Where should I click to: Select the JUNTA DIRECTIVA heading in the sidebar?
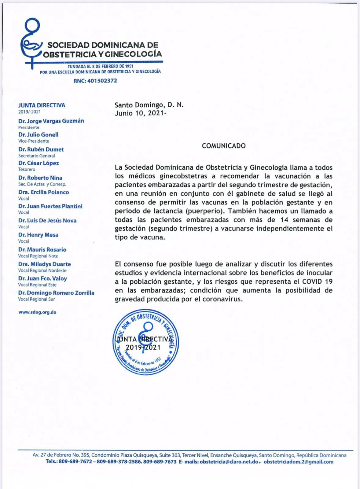[42, 105]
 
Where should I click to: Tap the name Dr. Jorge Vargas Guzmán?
[51, 121]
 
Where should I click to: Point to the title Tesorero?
[27, 169]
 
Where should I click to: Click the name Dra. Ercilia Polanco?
[44, 192]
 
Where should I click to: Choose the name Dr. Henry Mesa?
[38, 235]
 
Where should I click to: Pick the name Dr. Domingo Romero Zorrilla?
[56, 293]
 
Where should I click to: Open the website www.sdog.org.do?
[37, 312]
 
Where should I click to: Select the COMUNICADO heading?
[224, 146]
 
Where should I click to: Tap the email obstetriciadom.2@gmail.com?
[298, 462]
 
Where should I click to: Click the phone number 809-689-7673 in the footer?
[160, 462]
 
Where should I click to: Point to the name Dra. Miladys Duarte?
[45, 264]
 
